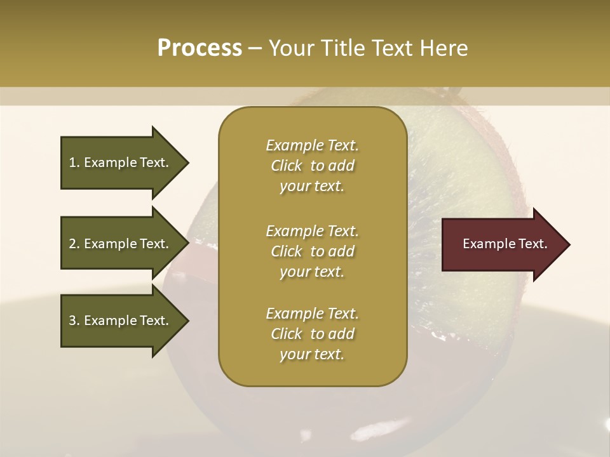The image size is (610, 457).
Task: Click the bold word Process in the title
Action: coord(200,48)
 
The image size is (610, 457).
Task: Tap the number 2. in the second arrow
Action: coord(74,244)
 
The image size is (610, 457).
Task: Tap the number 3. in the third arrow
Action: coord(74,321)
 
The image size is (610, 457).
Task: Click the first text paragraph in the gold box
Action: coord(312,166)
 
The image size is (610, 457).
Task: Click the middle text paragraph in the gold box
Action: coord(312,251)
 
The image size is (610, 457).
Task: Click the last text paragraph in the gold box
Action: coord(312,334)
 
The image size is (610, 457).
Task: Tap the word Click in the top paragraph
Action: coord(287,166)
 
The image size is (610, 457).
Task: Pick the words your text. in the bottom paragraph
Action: coord(312,355)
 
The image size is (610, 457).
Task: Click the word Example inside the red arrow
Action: coord(485,244)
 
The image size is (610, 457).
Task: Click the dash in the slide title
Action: coord(255,49)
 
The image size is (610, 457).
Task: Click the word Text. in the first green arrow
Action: coord(154,162)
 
